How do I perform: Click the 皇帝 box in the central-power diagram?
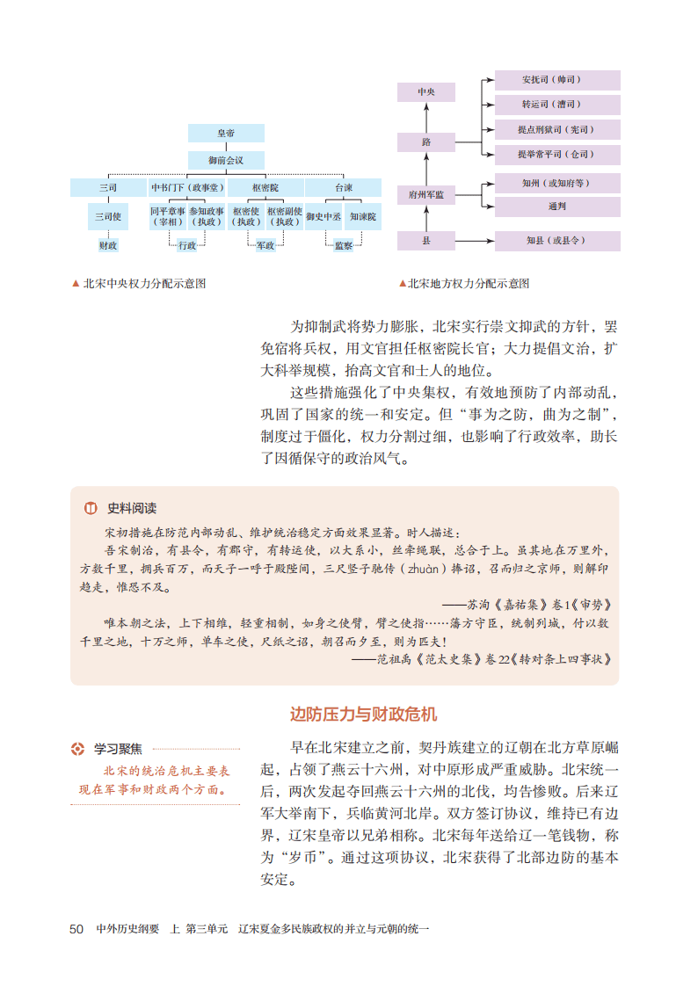(226, 134)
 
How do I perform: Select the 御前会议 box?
(226, 161)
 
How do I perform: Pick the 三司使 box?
(108, 216)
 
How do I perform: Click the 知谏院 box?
(361, 216)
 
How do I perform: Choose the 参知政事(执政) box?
(206, 216)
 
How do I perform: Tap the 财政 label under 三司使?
(108, 246)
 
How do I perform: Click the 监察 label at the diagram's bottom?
(343, 246)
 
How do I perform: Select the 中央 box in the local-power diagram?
(425, 92)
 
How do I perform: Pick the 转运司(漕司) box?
(557, 105)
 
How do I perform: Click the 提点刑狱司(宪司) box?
(557, 130)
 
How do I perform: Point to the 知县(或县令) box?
(557, 240)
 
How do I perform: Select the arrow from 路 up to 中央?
(425, 118)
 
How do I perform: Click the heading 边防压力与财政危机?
(363, 714)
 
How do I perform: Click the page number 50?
(76, 928)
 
